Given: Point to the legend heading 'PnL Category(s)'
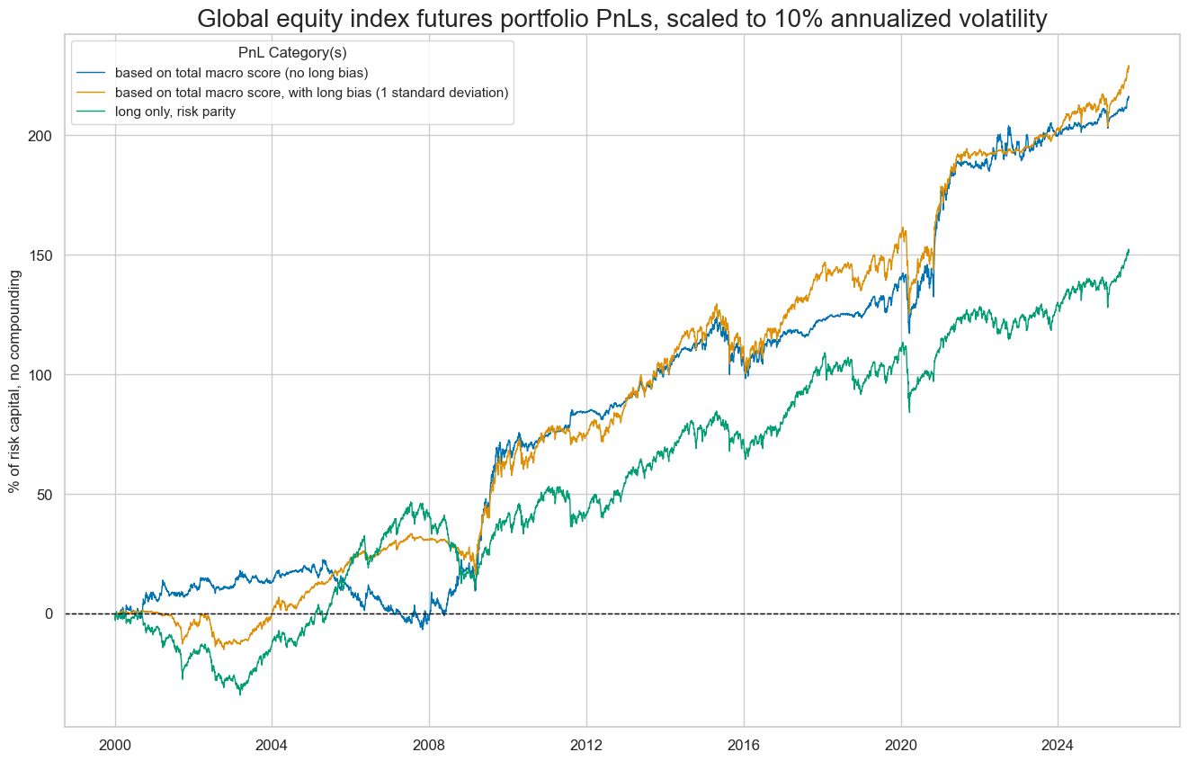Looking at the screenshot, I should click(292, 53).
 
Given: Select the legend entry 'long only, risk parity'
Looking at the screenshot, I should click(174, 112).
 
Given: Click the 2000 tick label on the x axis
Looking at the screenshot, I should click(115, 745).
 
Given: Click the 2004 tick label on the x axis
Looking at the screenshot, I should click(272, 745).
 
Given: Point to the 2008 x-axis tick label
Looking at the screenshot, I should click(429, 745).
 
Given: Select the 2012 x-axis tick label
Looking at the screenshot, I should click(586, 745).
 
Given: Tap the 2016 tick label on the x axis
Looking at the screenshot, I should click(744, 745).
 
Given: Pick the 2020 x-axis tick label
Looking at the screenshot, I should click(901, 745).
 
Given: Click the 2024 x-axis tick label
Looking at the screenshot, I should click(1058, 745).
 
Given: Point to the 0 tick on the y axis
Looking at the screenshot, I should click(49, 613).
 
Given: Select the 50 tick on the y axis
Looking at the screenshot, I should click(45, 494).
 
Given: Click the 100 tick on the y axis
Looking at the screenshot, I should click(41, 374).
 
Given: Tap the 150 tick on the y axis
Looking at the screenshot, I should click(41, 255).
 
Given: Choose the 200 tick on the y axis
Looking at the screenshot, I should click(41, 135).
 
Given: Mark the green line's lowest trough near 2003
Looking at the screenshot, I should click(240, 694).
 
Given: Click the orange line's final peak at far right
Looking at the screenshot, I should click(1129, 66).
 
